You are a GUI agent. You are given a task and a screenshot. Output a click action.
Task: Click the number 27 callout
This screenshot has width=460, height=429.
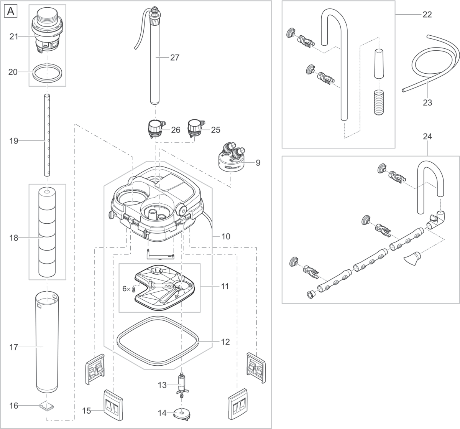pyautogui.click(x=174, y=58)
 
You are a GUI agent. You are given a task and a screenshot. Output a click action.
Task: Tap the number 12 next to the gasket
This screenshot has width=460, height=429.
pyautogui.click(x=225, y=341)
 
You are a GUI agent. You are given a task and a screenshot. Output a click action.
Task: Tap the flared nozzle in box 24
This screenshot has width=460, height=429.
pyautogui.click(x=412, y=258)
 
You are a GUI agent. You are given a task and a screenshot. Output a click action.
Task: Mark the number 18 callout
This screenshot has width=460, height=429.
pyautogui.click(x=14, y=238)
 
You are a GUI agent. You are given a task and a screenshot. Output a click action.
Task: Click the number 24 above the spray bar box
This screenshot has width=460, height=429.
pyautogui.click(x=427, y=137)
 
